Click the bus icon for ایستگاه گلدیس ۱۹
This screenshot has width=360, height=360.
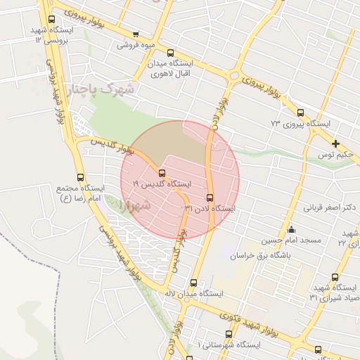(162, 173)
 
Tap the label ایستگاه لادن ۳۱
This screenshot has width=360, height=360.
(209, 209)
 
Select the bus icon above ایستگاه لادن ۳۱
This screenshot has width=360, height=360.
(210, 198)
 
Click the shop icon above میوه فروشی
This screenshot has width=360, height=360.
(135, 34)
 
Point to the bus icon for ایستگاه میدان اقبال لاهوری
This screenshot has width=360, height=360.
(170, 53)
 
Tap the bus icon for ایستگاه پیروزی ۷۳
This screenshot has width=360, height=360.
(301, 112)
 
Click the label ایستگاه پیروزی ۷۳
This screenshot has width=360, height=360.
(300, 124)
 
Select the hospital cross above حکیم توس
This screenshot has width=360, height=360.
(336, 143)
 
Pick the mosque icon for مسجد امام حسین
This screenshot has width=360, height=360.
(292, 230)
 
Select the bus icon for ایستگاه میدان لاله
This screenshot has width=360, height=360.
(193, 283)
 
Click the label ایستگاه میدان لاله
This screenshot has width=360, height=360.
(193, 293)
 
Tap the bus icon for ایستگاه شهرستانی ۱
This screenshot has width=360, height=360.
(229, 335)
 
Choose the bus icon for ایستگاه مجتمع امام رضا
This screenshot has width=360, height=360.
(79, 178)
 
